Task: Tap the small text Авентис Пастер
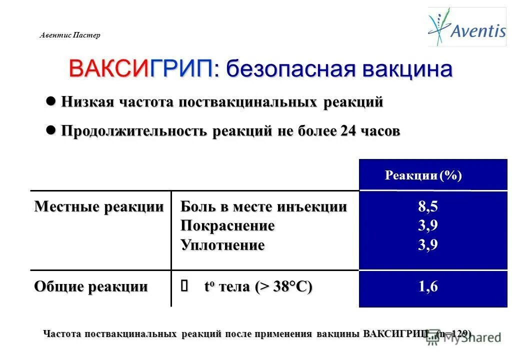point(69,35)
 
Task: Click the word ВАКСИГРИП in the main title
point(141,69)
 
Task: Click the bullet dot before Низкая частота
point(50,101)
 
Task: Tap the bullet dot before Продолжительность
point(50,130)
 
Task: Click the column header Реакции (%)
point(423,175)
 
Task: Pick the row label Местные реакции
point(98,206)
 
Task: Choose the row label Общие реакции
point(90,286)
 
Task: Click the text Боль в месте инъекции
point(263,206)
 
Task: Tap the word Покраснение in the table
point(227,226)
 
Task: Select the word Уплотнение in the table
point(222,245)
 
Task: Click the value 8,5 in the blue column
point(428,206)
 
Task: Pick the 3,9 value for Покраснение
point(428,226)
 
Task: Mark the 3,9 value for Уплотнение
point(428,245)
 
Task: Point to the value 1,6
point(428,286)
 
